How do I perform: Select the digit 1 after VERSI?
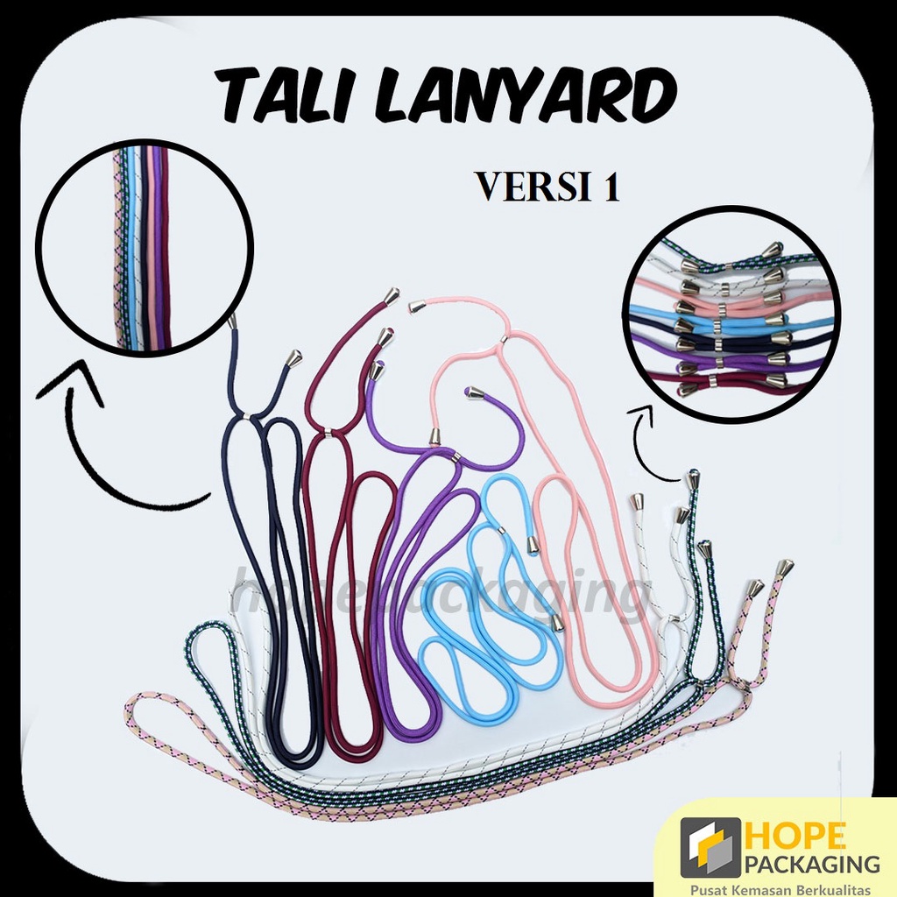coord(611,187)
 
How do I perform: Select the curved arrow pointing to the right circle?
coord(653,438)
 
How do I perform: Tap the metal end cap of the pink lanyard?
coord(418,306)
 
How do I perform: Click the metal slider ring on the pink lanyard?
coord(503,339)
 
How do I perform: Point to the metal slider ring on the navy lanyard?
coord(247,415)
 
